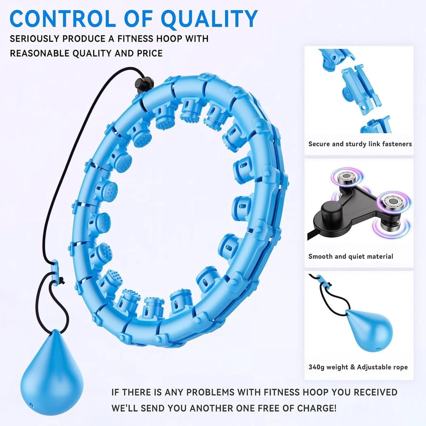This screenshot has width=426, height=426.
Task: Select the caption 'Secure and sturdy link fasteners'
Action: pyautogui.click(x=360, y=144)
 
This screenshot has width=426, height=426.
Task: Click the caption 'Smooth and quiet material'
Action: pyautogui.click(x=351, y=256)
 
